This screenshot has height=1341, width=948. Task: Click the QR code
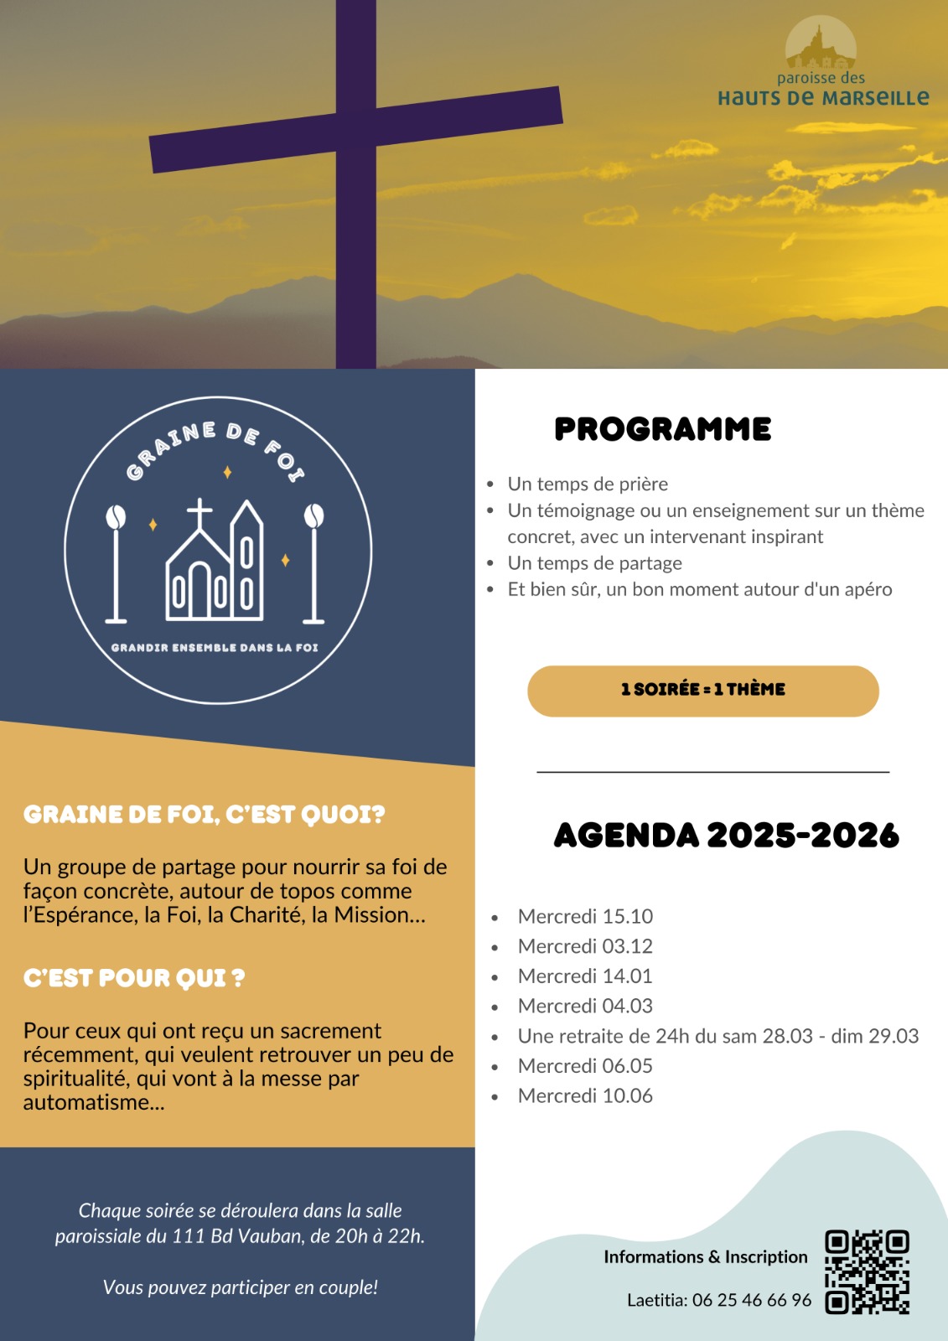coord(867,1271)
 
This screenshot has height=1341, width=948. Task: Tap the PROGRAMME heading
coord(662,429)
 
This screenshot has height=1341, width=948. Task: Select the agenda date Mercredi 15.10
coord(585,916)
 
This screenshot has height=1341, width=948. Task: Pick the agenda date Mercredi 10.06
coord(585,1095)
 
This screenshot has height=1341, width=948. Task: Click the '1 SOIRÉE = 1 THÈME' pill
coord(702,691)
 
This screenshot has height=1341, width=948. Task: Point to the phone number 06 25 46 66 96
coord(752,1300)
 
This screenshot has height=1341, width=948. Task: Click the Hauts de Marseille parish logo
coord(822,64)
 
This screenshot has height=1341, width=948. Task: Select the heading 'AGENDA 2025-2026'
coord(726,836)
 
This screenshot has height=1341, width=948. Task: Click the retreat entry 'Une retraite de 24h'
coord(717,1036)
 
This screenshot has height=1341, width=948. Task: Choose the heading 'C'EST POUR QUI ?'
coord(134,978)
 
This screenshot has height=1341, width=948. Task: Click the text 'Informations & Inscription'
coord(705,1257)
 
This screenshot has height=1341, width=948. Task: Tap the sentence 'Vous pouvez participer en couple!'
coord(241,1287)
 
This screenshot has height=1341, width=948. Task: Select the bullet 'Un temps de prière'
coord(588,484)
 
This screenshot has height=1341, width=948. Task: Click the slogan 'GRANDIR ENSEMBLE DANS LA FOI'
coord(215,648)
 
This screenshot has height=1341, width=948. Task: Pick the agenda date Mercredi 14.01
coord(585,976)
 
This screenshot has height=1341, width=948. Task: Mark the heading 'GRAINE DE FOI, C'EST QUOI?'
coord(204,815)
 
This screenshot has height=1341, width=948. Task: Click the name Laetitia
coord(656,1300)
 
